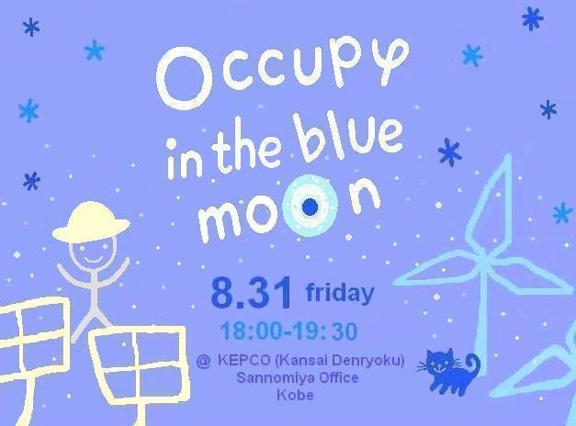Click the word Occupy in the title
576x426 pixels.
pyautogui.click(x=283, y=73)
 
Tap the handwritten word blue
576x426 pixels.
pyautogui.click(x=351, y=139)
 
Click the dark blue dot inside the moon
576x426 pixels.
pyautogui.click(x=310, y=207)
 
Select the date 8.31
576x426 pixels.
pyautogui.click(x=252, y=294)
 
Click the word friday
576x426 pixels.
pyautogui.click(x=340, y=293)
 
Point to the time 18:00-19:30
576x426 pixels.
pyautogui.click(x=288, y=331)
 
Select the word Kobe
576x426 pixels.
pyautogui.click(x=295, y=395)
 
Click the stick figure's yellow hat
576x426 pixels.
pyautogui.click(x=91, y=222)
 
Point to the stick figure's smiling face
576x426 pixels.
pyautogui.click(x=92, y=253)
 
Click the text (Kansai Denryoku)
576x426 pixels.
pyautogui.click(x=339, y=361)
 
